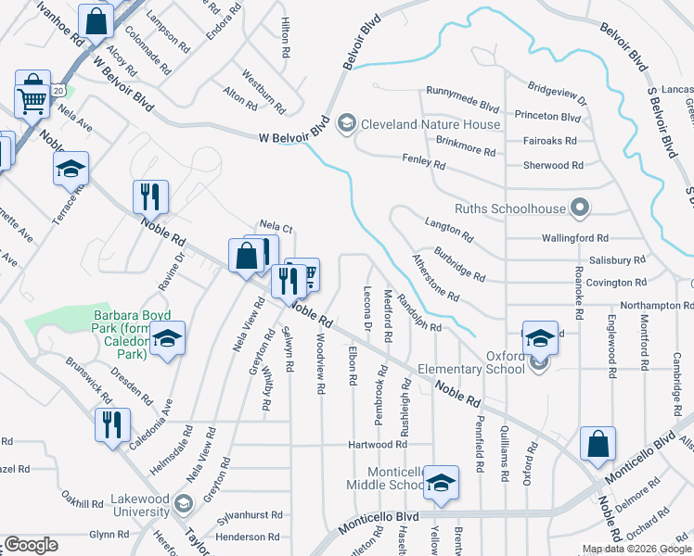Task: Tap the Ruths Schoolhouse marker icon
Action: coord(581,208)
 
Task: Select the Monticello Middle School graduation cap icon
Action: coord(441,482)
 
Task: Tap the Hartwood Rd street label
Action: coord(378,446)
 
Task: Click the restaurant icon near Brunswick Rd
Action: coord(111,423)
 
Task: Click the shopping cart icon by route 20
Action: coord(32,99)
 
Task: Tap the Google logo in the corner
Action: coord(30,545)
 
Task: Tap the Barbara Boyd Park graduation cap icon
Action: coord(169,339)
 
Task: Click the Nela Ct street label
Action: coord(276,226)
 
